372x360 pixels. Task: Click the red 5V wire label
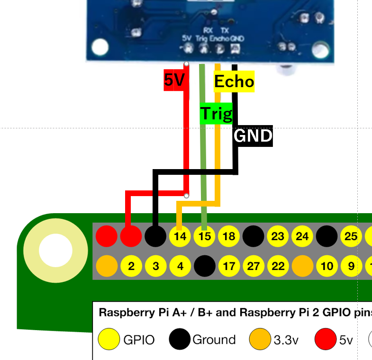[174, 81]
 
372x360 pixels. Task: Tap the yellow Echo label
[234, 81]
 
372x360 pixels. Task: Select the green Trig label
[217, 114]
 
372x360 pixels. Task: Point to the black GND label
[253, 136]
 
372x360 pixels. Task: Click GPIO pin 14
[180, 236]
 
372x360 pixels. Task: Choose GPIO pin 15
[204, 236]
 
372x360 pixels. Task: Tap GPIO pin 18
[229, 236]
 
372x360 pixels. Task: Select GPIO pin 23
[278, 236]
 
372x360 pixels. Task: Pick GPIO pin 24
[302, 236]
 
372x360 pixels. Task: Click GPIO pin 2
[131, 266]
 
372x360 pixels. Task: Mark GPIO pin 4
[180, 266]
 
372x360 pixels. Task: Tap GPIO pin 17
[229, 266]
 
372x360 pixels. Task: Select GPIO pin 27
[254, 266]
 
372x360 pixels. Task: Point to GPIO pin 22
[278, 266]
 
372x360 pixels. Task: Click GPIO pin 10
[327, 266]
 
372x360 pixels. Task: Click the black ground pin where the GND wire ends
[155, 236]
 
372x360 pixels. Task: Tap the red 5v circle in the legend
[326, 339]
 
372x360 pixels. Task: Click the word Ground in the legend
[214, 340]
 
